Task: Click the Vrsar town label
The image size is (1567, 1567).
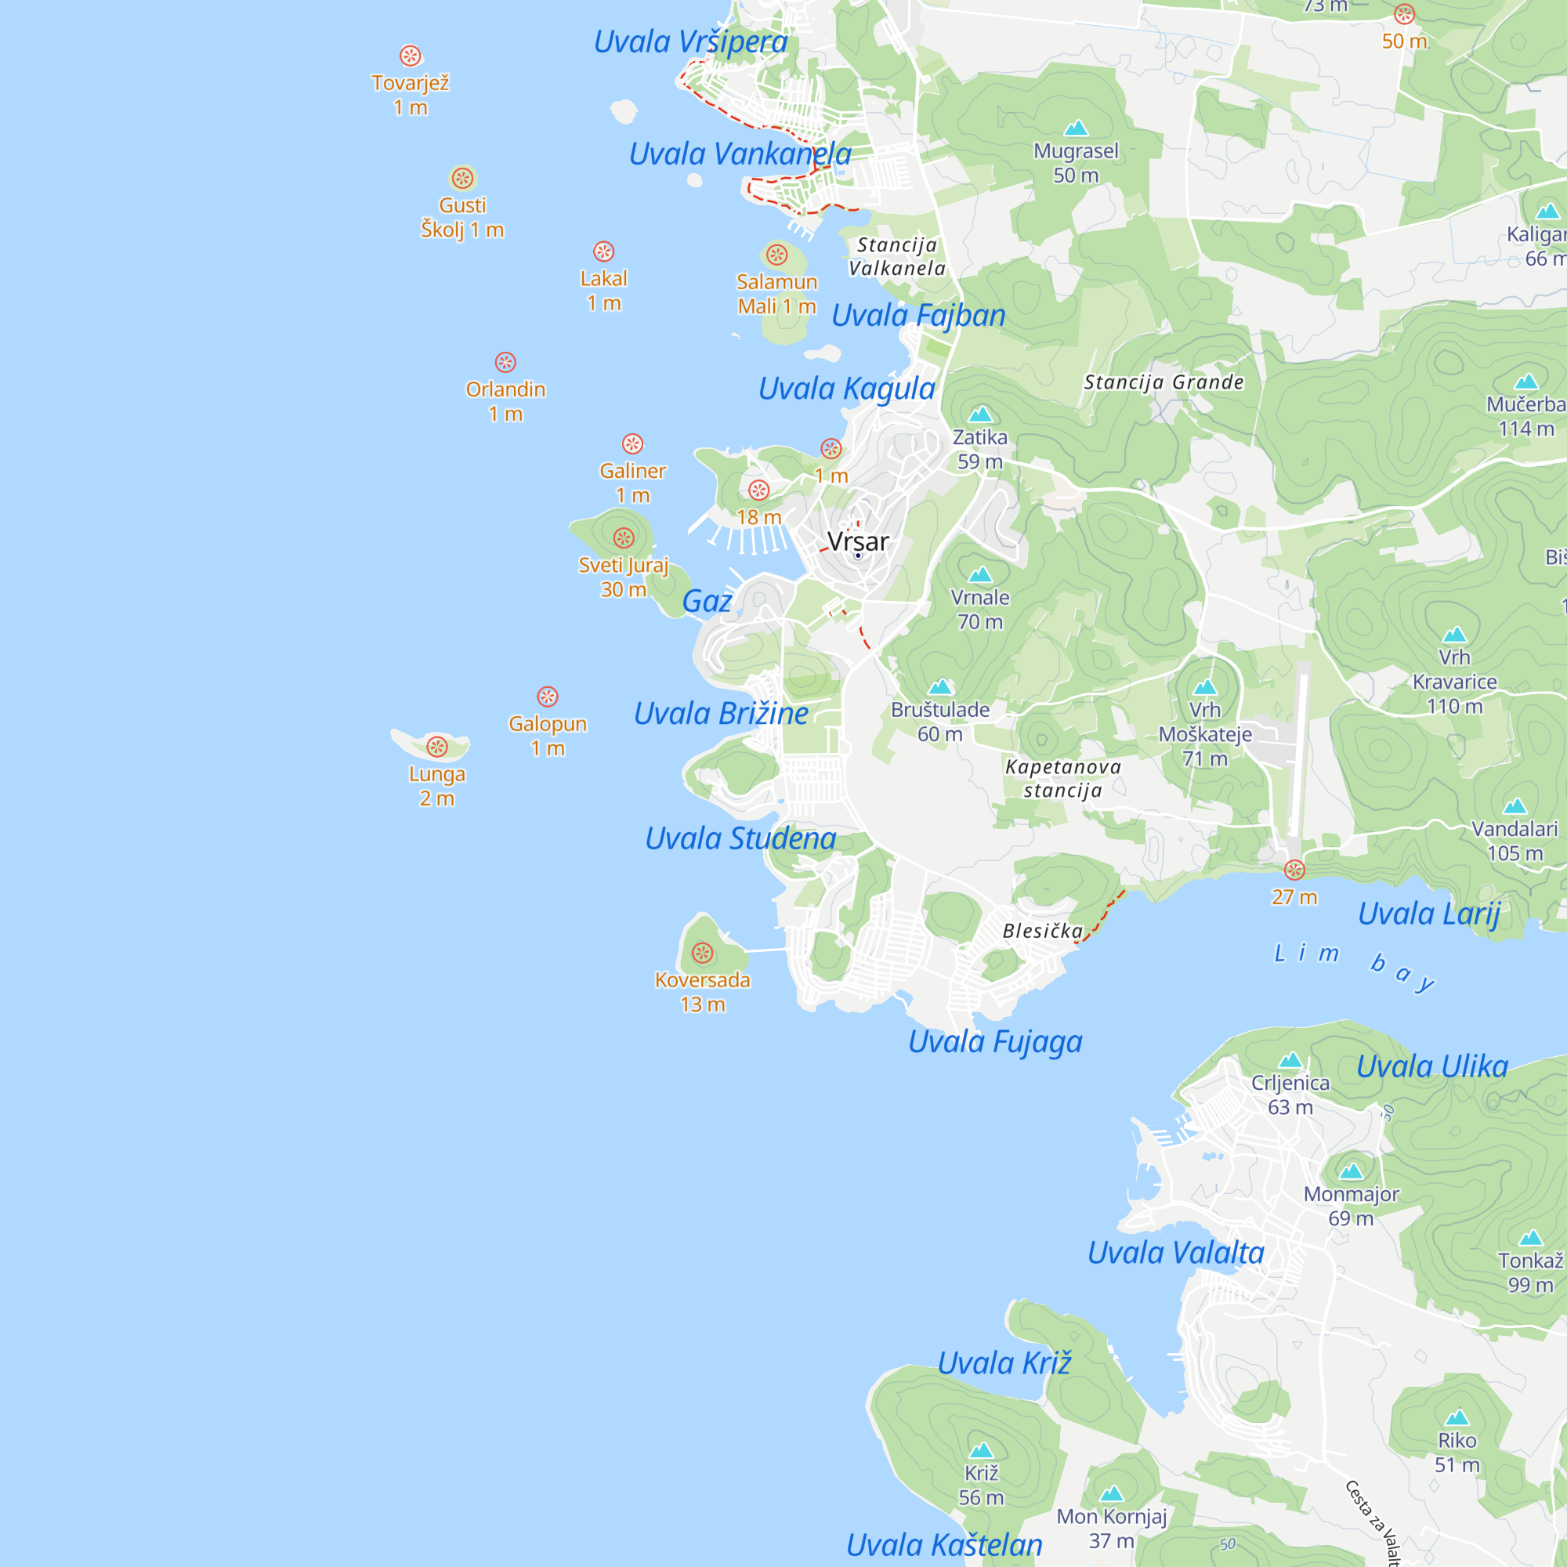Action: click(x=857, y=541)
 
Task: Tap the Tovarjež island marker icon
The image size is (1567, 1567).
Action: click(x=411, y=55)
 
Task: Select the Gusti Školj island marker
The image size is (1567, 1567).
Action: click(x=462, y=178)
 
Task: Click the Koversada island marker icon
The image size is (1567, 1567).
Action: click(x=702, y=952)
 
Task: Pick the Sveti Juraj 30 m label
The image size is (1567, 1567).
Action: click(x=623, y=577)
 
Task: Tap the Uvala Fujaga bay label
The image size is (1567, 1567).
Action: click(x=994, y=1041)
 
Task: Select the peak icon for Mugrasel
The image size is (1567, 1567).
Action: click(x=1076, y=128)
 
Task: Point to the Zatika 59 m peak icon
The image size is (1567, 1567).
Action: click(x=980, y=414)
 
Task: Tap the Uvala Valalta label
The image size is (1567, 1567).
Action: click(x=1175, y=1253)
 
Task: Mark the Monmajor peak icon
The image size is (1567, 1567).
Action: click(x=1351, y=1171)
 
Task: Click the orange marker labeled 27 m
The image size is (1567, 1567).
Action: click(x=1294, y=870)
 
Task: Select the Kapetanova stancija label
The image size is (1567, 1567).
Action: click(x=1062, y=778)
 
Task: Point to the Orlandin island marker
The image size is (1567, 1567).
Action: click(x=505, y=362)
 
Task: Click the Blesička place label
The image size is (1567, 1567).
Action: click(x=1042, y=930)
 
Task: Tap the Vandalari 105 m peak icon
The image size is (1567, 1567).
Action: click(x=1515, y=806)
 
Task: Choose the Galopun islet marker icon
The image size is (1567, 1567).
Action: click(x=548, y=696)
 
